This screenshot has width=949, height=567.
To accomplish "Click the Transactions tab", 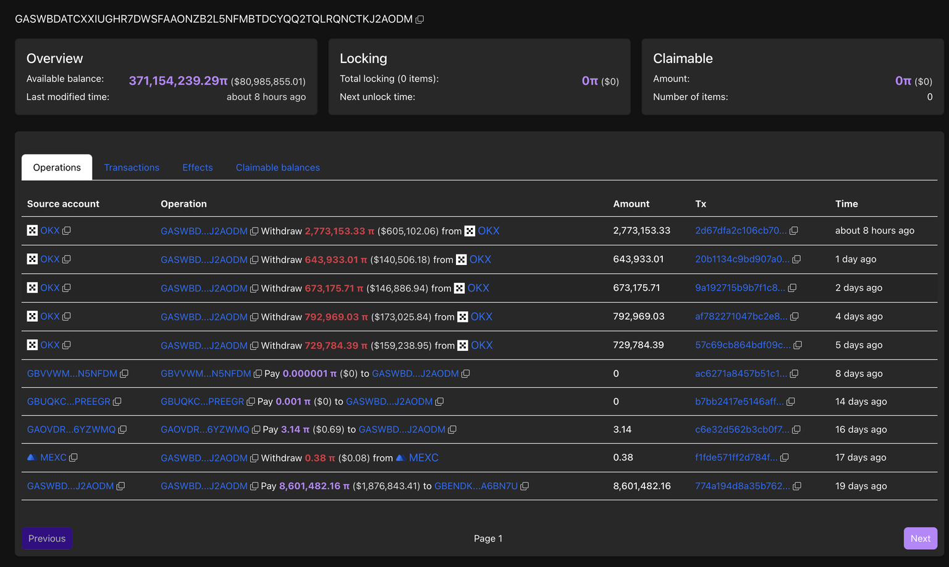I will coord(132,167).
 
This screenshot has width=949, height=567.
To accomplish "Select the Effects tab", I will coord(197,167).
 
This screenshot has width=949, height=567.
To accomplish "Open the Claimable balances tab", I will coord(277,167).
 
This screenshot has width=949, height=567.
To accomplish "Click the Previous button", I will coord(47,538).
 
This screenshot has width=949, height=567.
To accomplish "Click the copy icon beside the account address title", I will coord(420,20).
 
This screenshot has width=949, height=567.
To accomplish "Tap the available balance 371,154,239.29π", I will coord(178,81).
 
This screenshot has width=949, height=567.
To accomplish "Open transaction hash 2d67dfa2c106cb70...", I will coord(741,230).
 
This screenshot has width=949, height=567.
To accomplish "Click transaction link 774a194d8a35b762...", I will coord(742,486).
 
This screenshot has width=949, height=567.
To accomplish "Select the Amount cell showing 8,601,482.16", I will coord(641,486).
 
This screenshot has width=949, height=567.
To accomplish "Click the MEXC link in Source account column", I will coord(53,458).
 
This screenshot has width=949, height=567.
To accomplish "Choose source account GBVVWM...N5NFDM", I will coord(72,374).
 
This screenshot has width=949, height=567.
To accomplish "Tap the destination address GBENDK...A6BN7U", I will coord(476,486).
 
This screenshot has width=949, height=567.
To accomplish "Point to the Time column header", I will coord(846,204).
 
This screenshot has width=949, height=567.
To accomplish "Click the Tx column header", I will coord(701,204).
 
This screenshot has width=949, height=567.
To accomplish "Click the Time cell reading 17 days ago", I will coord(861,458).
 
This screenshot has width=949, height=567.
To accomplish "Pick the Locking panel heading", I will coord(363,59).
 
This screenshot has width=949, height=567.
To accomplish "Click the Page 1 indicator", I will coord(487,539).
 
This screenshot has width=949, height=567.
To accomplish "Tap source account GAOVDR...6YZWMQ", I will coord(71,430).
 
